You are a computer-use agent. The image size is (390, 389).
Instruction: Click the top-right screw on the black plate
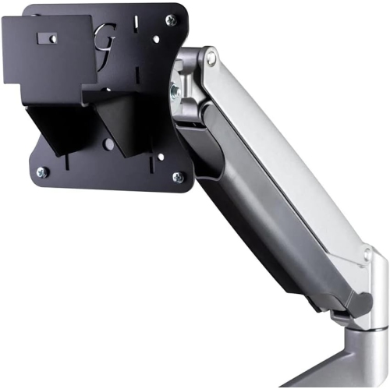171,20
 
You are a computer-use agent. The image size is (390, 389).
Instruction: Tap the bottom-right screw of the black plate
179,177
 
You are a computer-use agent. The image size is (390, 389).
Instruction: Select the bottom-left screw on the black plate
43,172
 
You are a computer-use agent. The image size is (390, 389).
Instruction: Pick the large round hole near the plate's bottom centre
109,144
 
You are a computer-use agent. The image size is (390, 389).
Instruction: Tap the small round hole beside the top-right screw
156,37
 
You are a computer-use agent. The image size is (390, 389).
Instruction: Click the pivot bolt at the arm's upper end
209,57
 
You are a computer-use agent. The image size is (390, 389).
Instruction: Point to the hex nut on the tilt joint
175,90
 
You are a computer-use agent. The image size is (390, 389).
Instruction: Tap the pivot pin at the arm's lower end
367,254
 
